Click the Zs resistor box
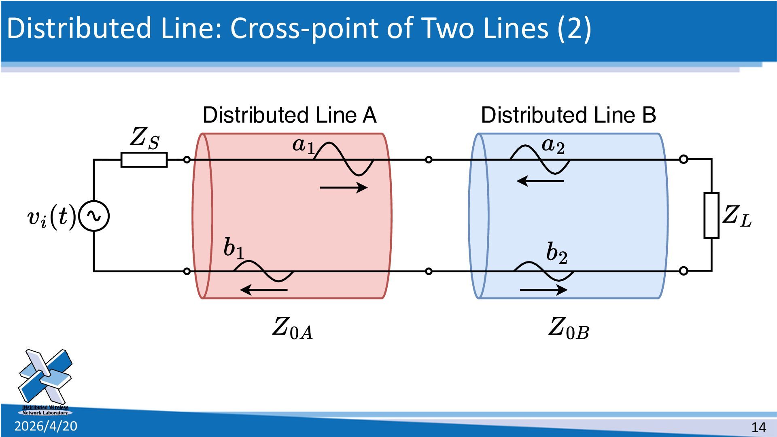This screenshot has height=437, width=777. click(144, 160)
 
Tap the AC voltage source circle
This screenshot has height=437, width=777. click(94, 216)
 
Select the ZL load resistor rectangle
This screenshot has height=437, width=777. click(711, 215)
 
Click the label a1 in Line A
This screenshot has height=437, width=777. click(303, 145)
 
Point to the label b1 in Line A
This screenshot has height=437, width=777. click(234, 248)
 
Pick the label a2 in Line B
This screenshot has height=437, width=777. click(553, 146)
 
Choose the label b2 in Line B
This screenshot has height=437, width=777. click(557, 253)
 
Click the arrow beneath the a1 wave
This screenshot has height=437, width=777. click(344, 187)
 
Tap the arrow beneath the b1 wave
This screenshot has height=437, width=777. click(264, 290)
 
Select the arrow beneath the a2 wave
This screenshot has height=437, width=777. click(540, 180)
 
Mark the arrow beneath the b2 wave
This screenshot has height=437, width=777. click(543, 290)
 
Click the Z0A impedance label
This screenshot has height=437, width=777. click(292, 328)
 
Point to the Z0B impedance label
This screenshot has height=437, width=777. click(569, 328)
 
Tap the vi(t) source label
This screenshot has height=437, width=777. click(51, 217)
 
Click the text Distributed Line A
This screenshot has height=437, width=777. click(289, 115)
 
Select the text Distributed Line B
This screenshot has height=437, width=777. click(568, 115)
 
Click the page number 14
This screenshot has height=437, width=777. click(758, 427)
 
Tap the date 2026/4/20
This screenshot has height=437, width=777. click(46, 426)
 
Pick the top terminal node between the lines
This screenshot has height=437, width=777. click(429, 160)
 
